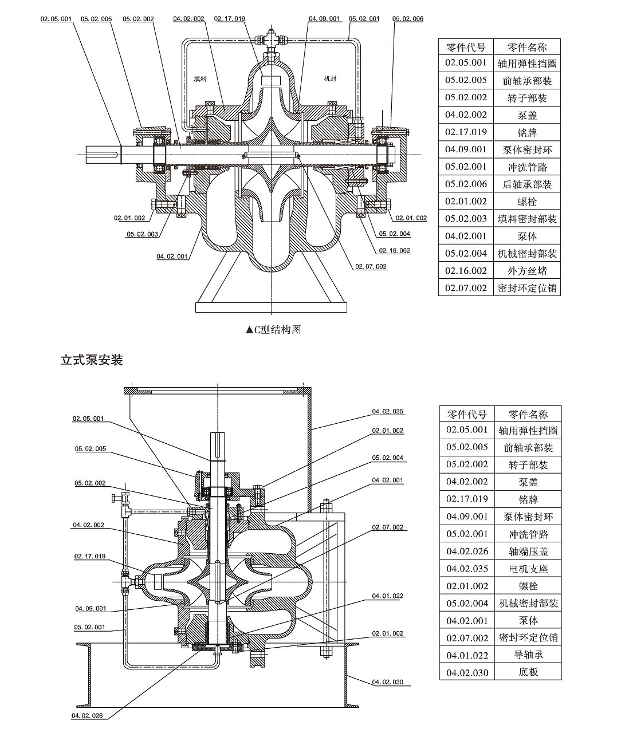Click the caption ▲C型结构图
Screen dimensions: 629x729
click(274, 330)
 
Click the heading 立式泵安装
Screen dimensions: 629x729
click(92, 360)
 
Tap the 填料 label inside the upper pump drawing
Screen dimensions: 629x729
click(200, 79)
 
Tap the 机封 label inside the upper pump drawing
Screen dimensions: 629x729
click(330, 78)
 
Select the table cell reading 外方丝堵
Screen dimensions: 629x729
click(526, 271)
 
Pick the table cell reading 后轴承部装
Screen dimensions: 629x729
click(526, 184)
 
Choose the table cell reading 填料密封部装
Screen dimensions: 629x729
click(526, 219)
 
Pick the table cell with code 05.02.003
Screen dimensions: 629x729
click(466, 219)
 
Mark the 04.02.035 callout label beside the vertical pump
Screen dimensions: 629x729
click(387, 411)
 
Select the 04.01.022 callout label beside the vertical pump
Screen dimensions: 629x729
click(387, 596)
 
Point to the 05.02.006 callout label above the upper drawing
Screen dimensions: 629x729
click(408, 19)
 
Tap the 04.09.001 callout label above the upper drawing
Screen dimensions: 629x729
click(324, 18)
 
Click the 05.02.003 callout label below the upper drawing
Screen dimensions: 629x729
click(143, 234)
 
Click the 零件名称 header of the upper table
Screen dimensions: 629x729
click(526, 47)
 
